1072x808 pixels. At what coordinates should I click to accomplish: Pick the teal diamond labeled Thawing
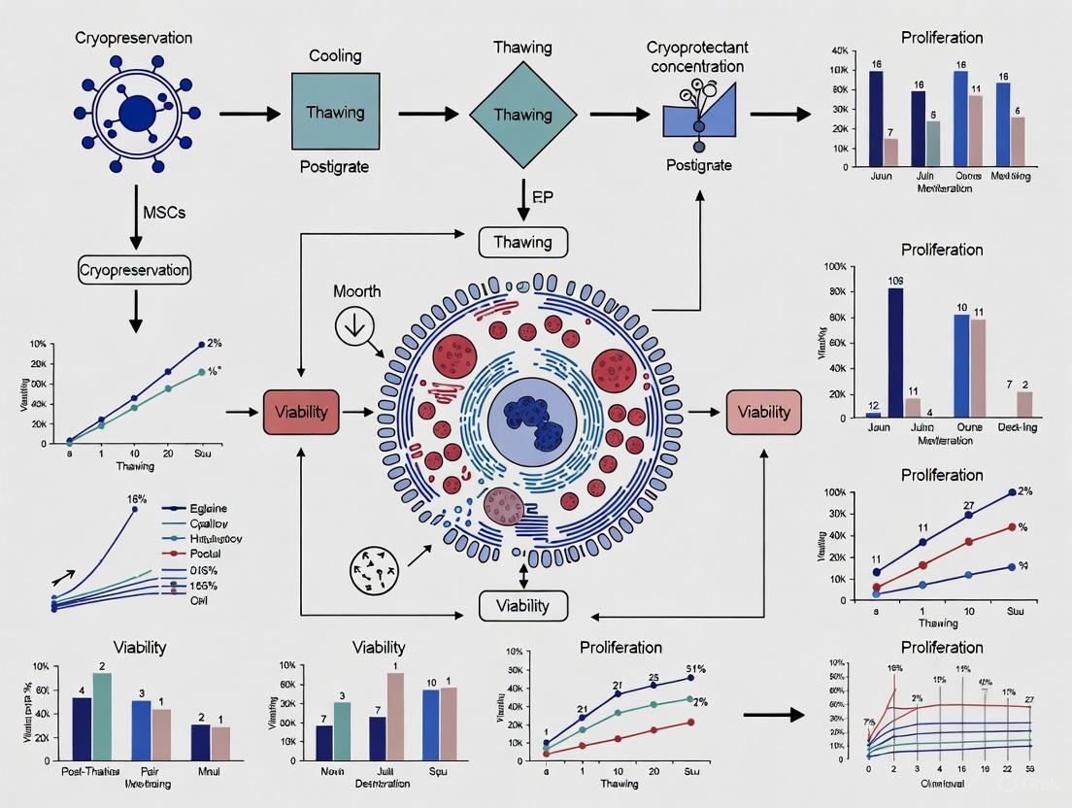[522, 114]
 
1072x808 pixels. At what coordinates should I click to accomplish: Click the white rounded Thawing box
[523, 242]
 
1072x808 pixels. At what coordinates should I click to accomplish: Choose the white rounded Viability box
[523, 606]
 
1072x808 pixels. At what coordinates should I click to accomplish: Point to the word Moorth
[357, 291]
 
